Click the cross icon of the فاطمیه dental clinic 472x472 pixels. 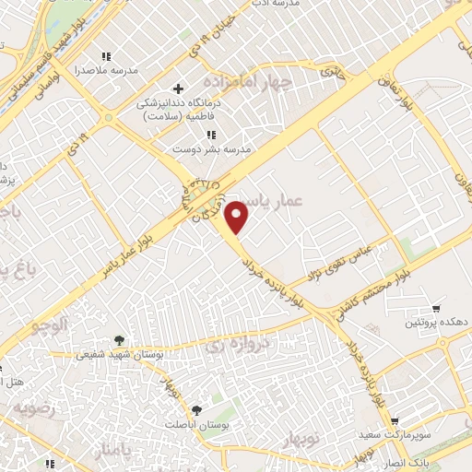[177, 88]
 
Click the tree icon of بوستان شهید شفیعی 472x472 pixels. [119, 339]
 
